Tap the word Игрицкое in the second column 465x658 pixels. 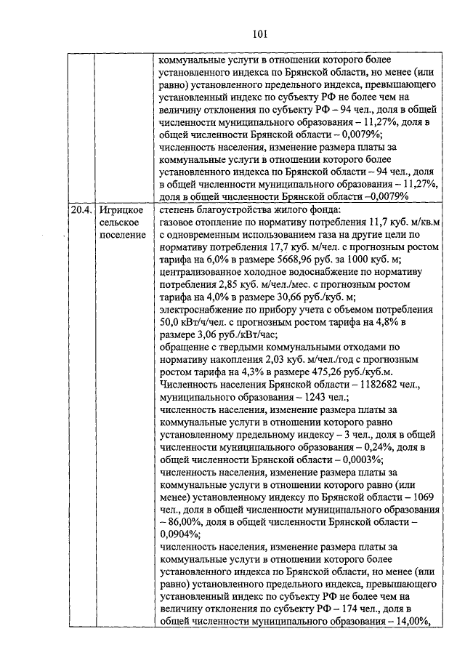[x=119, y=210]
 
